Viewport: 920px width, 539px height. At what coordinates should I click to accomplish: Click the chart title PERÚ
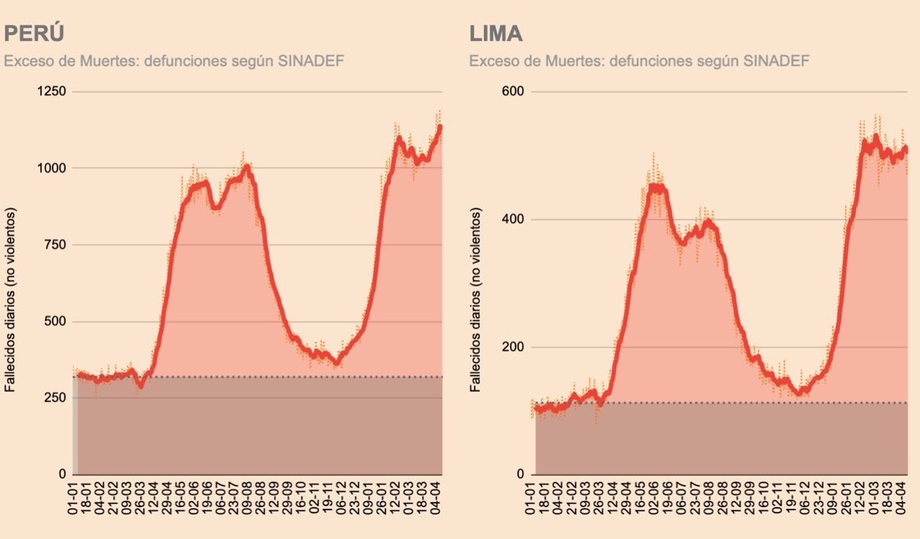34,34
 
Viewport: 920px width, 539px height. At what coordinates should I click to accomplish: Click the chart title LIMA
496,34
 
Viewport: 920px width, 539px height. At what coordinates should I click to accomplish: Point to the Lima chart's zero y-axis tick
521,475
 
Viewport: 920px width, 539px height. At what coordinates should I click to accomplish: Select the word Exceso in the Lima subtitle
490,62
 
